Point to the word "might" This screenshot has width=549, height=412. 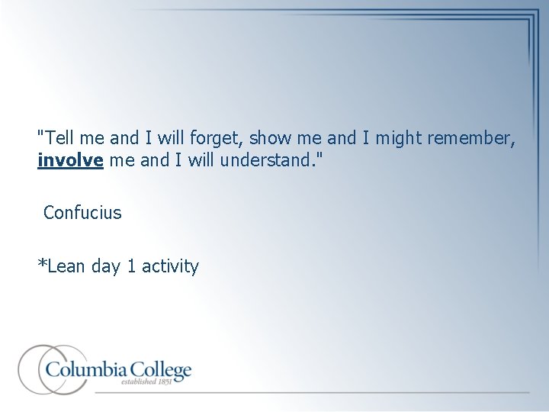393,138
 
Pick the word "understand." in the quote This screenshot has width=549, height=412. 265,162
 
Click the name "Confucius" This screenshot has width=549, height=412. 82,213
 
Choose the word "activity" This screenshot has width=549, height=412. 170,267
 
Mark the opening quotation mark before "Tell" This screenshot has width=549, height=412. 40,132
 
